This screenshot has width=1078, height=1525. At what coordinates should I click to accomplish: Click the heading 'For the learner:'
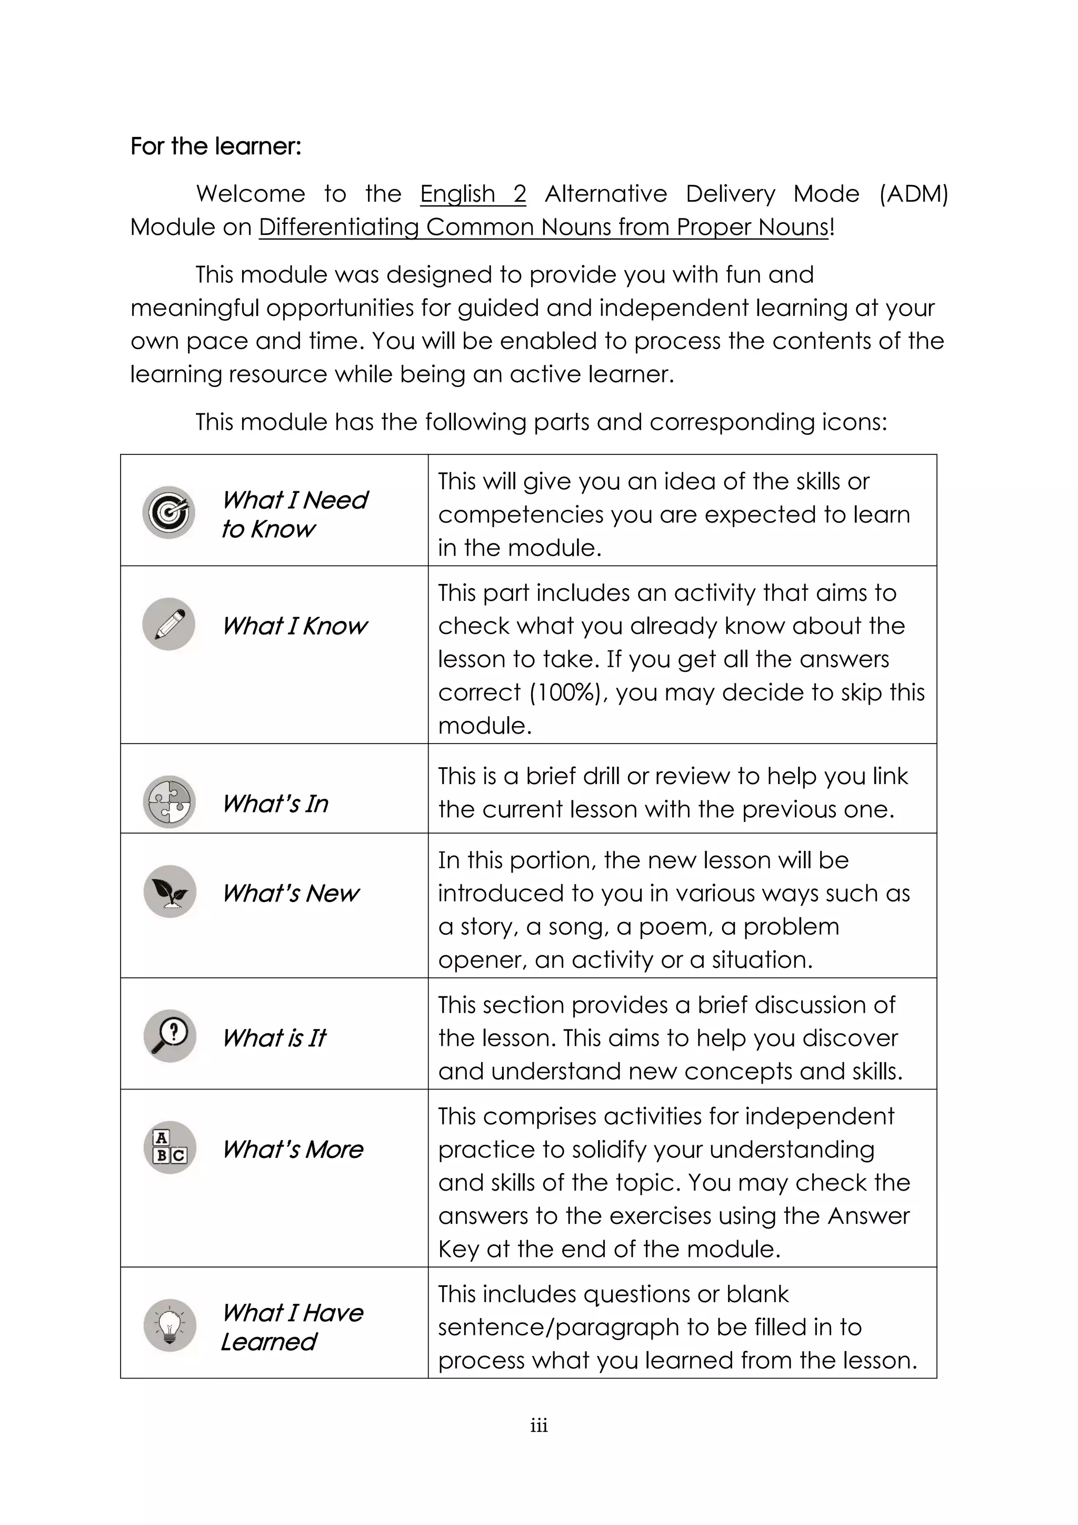point(216,146)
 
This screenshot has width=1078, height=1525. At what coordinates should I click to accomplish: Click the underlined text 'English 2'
point(473,193)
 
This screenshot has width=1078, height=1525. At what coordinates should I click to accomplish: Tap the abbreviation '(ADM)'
point(913,193)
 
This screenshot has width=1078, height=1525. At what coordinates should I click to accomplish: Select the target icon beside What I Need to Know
point(168,512)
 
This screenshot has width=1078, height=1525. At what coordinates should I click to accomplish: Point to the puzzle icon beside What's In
point(169,801)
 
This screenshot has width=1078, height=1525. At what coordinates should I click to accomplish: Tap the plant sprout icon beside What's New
point(170,892)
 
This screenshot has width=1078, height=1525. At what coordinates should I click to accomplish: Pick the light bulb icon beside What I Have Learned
point(170,1325)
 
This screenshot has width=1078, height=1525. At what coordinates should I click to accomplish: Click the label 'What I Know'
point(294,626)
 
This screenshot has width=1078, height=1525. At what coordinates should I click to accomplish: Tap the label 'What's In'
point(275,804)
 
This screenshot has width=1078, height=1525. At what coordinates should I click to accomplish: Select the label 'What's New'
point(290,893)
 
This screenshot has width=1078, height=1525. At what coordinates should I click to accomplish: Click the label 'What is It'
point(274,1037)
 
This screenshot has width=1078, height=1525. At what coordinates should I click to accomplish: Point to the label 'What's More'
point(292,1149)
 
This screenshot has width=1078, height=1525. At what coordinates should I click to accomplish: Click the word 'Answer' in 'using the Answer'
point(868,1215)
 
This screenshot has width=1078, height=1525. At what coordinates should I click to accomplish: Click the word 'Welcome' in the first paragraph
point(250,193)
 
